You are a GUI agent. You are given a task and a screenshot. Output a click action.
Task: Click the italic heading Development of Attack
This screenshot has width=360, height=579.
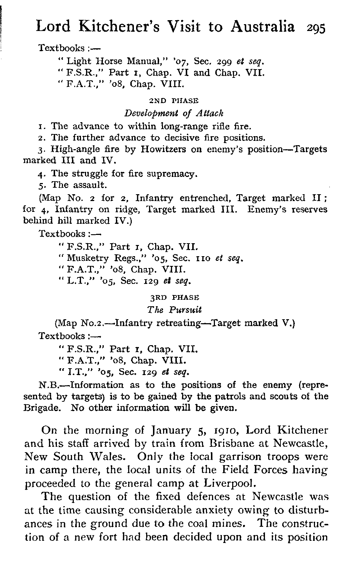tap(174, 113)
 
